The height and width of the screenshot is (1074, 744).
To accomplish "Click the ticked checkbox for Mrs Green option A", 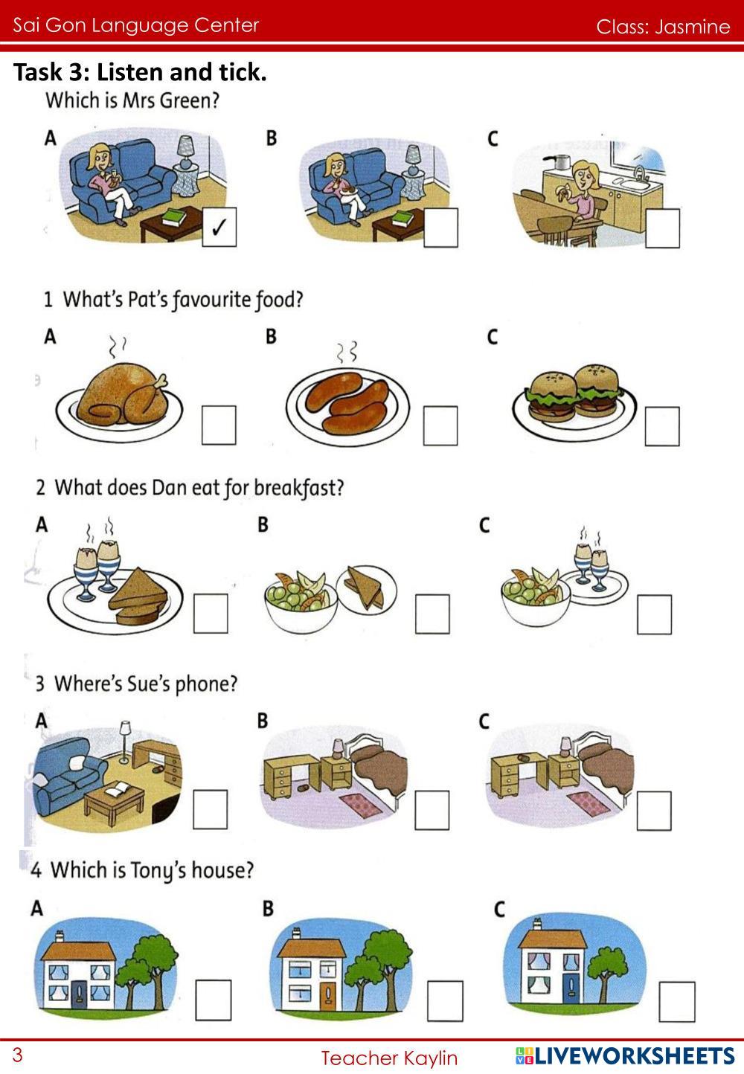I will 219,227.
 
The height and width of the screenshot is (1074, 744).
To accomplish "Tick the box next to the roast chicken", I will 219,425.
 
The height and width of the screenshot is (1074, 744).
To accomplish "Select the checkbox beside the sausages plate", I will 440,425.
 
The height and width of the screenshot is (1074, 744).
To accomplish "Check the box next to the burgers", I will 662,426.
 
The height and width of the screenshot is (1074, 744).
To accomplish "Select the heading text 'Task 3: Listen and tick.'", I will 140,72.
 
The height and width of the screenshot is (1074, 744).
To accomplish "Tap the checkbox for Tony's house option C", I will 677,1001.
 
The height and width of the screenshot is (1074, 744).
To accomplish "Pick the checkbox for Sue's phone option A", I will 211,809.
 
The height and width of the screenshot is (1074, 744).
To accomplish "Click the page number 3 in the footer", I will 18,1055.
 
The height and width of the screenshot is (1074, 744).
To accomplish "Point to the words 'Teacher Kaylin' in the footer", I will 389,1058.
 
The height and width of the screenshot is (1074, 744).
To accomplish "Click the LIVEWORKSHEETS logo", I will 625,1056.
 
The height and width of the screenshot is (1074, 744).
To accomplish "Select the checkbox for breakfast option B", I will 432,614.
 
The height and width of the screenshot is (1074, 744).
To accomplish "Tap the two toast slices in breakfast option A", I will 138,595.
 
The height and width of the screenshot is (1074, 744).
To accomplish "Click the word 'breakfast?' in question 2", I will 299,488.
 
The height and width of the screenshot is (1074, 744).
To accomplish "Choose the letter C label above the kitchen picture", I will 493,138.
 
